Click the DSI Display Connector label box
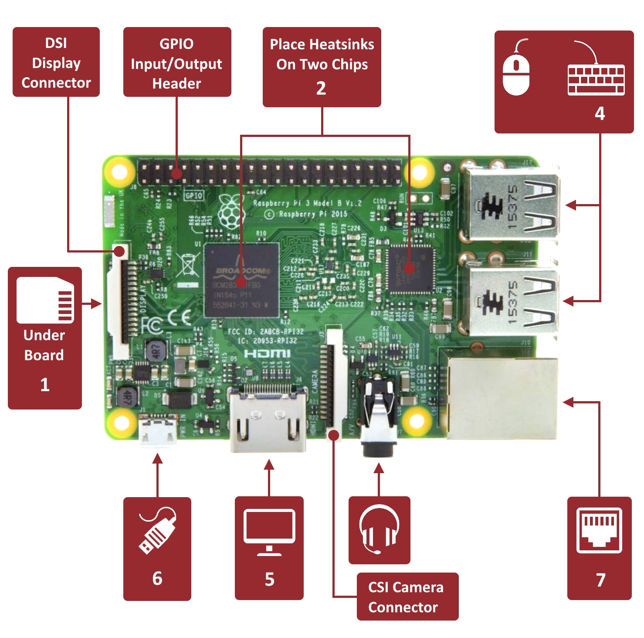[x=56, y=62]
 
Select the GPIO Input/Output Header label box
[x=177, y=62]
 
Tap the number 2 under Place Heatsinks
[x=321, y=89]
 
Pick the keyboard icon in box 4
[x=596, y=79]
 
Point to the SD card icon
[x=45, y=300]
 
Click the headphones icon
[x=379, y=528]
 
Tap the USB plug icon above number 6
[x=157, y=530]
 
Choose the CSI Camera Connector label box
[x=407, y=597]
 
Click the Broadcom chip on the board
[x=242, y=280]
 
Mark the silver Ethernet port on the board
[x=501, y=398]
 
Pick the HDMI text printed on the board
[x=267, y=353]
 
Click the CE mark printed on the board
[x=180, y=318]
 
